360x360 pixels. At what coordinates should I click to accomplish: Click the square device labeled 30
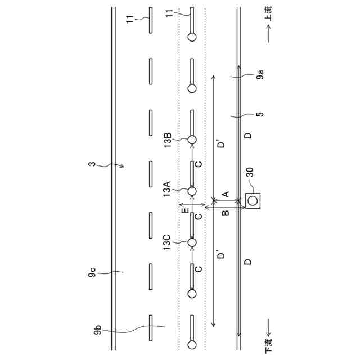tap(253, 200)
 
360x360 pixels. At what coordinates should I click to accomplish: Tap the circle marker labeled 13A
tap(192, 191)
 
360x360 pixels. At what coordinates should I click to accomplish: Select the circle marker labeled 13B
tap(192, 139)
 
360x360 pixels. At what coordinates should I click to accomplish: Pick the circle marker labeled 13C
tap(192, 242)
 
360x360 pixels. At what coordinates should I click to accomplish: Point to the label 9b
tap(98, 330)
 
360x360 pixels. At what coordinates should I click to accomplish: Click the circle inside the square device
tap(253, 200)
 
